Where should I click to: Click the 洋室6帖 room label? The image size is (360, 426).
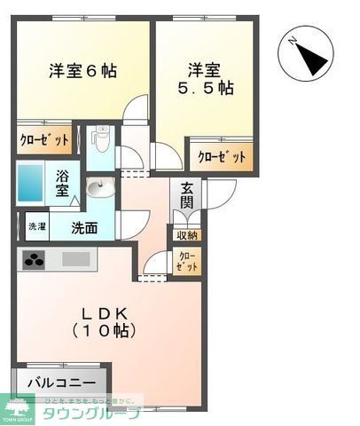pos(82,71)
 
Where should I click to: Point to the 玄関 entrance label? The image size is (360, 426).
pos(187,195)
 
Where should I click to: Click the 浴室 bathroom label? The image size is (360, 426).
pos(63,183)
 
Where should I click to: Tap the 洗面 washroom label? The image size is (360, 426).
pos(85,226)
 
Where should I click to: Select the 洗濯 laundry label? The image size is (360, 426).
pos(35,226)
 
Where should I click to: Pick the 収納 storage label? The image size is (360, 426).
pos(187,235)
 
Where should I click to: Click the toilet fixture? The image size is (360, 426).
pos(100,140)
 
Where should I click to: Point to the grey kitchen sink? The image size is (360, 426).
pos(76,261)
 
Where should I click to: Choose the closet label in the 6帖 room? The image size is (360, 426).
pos(44,140)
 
